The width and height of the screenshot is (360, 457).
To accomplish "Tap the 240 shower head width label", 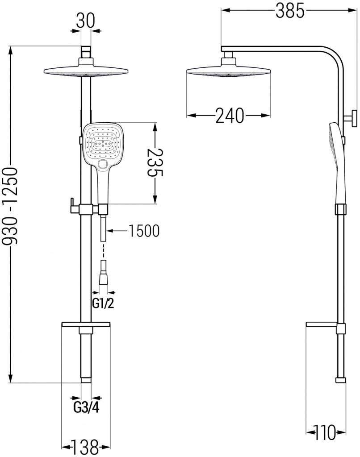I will (230, 116).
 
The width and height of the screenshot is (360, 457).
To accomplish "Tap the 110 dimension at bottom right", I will (326, 432).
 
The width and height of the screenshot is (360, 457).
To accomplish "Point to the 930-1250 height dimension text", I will (13, 208).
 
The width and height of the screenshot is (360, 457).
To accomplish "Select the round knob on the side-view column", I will (353, 118).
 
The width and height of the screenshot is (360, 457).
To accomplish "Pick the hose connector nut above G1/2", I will (104, 279).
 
